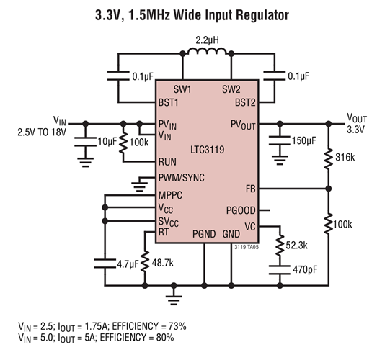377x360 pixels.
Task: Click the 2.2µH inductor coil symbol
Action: tap(207, 51)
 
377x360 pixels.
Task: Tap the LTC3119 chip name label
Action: tap(208, 150)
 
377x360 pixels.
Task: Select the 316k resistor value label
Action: tap(345, 157)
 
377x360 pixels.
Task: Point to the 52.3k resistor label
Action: tap(296, 246)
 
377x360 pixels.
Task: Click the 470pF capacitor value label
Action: tap(305, 269)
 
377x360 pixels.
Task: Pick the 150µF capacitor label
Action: tap(304, 140)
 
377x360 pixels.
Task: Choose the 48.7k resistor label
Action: tap(162, 263)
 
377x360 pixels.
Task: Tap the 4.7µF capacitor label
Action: tap(128, 264)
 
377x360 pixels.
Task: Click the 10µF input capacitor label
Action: tap(107, 141)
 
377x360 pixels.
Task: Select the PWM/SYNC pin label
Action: tap(182, 178)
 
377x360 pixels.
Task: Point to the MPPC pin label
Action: tap(170, 195)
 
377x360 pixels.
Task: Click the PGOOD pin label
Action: tap(241, 210)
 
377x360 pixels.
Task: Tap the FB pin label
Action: tap(251, 189)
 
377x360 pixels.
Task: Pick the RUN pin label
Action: tap(167, 161)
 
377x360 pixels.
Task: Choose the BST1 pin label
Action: tap(168, 102)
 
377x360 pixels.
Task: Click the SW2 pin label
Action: tap(231, 89)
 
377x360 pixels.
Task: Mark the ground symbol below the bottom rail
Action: tap(174, 299)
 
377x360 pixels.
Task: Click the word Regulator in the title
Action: tap(262, 15)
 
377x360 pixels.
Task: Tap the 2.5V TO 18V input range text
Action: tap(42, 132)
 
